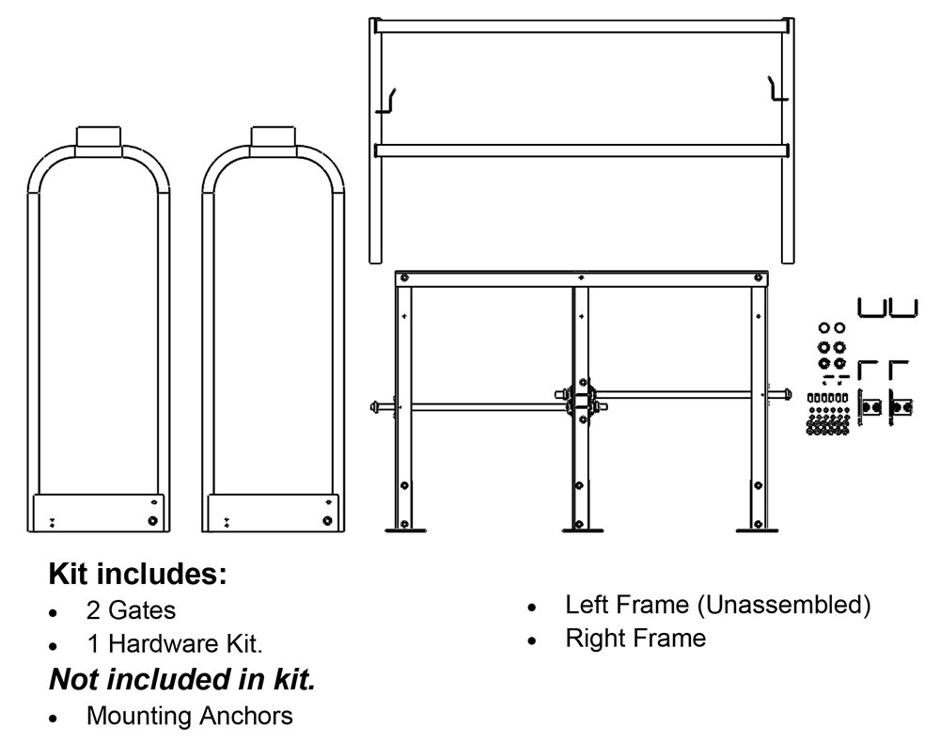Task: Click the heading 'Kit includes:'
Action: coord(137,574)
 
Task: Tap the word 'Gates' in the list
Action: coord(143,610)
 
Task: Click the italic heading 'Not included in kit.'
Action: coord(181,679)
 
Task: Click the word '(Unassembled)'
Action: coord(788,605)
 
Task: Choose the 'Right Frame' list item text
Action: coord(634,639)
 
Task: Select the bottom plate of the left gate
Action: coord(98,513)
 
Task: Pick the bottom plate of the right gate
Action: coord(274,513)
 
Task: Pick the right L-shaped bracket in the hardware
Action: coord(900,368)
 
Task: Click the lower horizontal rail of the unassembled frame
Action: coord(581,150)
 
